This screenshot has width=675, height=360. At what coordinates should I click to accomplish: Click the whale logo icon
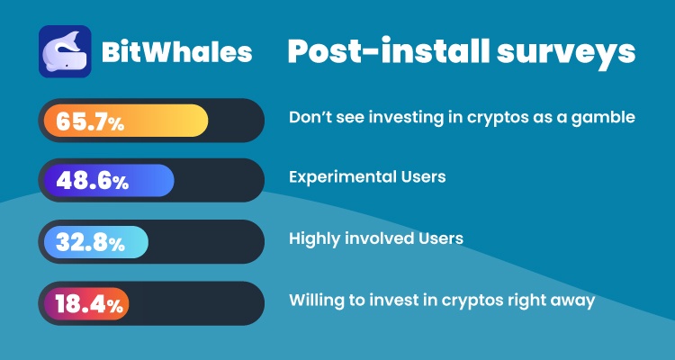[65, 51]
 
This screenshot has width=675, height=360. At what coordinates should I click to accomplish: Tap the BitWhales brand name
[176, 52]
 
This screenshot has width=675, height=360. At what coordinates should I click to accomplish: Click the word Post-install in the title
[388, 52]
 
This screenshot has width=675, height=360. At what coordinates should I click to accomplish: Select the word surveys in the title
[566, 54]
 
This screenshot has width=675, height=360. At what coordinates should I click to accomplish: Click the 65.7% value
[90, 121]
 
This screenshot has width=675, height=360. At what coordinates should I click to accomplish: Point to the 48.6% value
[92, 181]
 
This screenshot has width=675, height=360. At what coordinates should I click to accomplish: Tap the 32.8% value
[90, 242]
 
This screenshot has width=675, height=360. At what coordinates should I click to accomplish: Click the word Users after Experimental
[424, 177]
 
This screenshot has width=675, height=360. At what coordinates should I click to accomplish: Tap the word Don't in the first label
[312, 118]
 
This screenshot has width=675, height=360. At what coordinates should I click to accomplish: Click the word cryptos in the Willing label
[466, 301]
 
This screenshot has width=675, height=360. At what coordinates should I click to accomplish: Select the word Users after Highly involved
[440, 238]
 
